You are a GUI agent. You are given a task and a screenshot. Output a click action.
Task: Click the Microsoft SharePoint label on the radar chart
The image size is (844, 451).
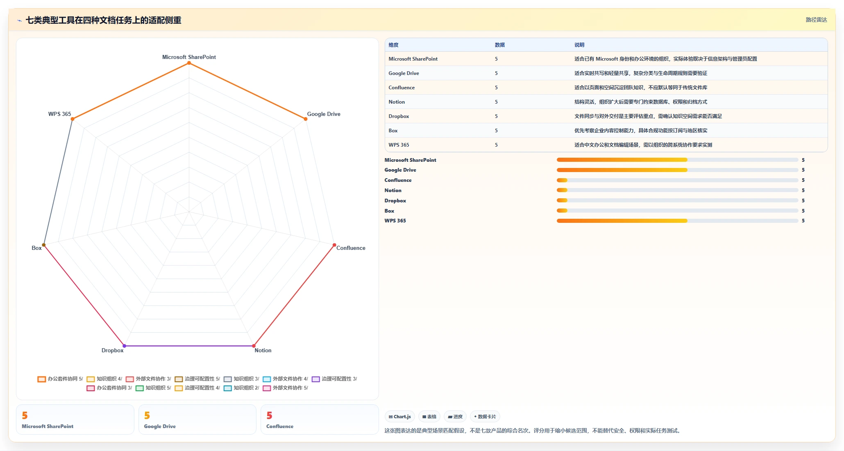(x=189, y=57)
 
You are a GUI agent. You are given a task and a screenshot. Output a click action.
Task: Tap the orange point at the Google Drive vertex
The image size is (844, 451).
(x=306, y=119)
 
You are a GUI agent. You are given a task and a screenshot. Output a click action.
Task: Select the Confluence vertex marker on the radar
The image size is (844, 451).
(x=334, y=245)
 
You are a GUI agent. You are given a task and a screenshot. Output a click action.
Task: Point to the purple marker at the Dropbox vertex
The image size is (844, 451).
(x=125, y=346)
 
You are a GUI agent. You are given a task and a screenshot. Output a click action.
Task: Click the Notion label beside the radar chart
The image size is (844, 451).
(x=263, y=350)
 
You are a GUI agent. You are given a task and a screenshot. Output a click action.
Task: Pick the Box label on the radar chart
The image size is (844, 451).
(x=36, y=248)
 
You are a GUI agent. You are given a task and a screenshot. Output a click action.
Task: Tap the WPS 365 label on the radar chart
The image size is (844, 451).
(x=59, y=114)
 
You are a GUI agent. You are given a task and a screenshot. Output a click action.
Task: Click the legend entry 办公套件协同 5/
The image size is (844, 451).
(x=60, y=379)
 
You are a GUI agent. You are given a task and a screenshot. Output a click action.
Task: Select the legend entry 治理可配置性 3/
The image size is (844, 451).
(x=334, y=379)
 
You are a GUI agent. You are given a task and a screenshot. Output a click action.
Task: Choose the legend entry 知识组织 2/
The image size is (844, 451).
(x=241, y=388)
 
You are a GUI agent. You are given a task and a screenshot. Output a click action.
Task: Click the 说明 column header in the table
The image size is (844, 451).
(x=579, y=45)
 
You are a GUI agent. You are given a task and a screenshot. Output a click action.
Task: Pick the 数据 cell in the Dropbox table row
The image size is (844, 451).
(x=496, y=116)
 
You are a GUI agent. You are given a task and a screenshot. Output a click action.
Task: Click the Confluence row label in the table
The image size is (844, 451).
(x=402, y=88)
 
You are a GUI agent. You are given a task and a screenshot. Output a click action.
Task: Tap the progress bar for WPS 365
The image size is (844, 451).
(x=677, y=221)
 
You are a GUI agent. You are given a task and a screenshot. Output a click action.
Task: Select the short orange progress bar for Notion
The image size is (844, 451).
(x=562, y=190)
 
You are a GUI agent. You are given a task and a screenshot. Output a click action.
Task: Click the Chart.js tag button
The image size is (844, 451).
(x=400, y=417)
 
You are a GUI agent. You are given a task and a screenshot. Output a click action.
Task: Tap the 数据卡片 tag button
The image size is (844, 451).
(x=485, y=417)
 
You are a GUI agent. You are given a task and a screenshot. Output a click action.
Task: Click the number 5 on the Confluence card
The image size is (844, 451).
(x=269, y=415)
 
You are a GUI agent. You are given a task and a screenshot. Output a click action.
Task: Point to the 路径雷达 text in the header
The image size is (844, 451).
(x=816, y=20)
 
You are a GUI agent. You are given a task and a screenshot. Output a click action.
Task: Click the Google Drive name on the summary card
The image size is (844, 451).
(x=160, y=426)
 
